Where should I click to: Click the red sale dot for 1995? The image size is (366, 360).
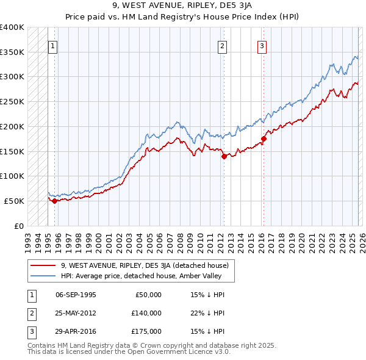click(54, 200)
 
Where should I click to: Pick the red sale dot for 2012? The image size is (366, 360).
click(224, 156)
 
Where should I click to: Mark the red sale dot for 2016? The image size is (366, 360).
click(264, 139)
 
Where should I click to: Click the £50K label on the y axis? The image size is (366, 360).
click(14, 201)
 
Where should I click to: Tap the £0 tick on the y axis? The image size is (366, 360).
click(19, 226)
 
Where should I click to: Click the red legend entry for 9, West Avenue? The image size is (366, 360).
click(144, 265)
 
